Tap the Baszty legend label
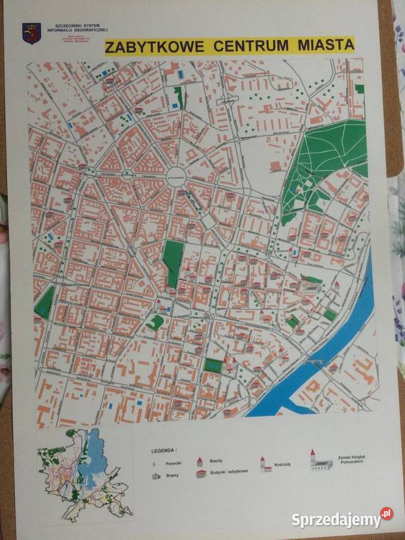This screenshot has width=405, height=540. coord(216,460)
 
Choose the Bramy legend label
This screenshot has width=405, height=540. coord(172,475)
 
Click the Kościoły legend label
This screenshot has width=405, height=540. coord(281,464)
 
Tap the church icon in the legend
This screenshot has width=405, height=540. coord(265,464)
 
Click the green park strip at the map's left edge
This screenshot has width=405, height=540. coord(44,302)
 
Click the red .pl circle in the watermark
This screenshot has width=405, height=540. coord(386,514)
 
